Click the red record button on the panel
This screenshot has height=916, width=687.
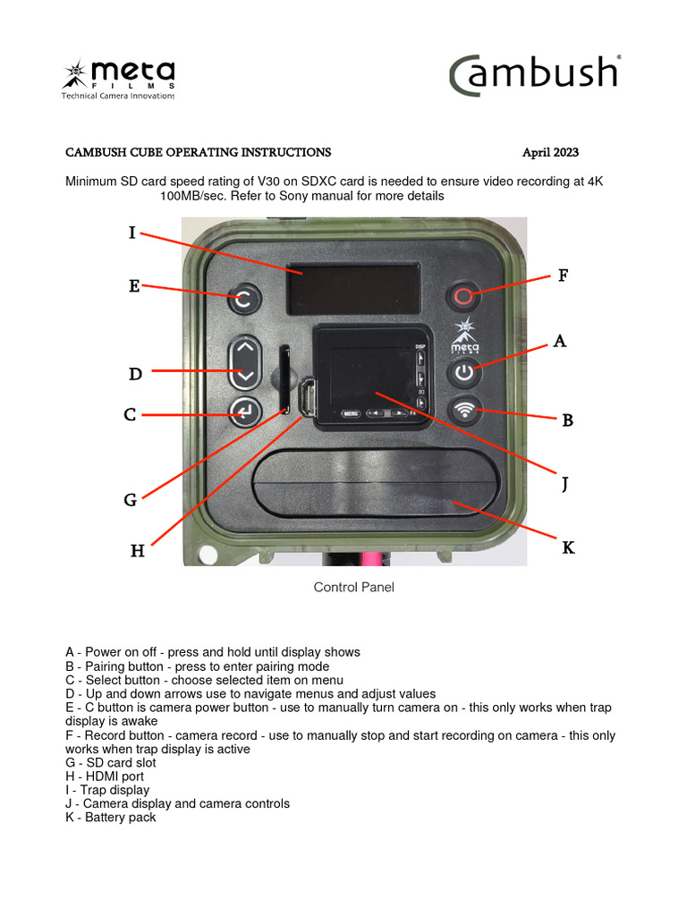click(x=462, y=296)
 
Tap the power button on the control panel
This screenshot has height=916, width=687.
click(x=462, y=372)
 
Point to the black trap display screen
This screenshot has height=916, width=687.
click(x=353, y=289)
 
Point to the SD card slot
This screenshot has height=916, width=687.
click(x=284, y=380)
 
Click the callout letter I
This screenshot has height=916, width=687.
click(x=132, y=233)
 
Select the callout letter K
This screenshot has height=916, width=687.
click(x=568, y=547)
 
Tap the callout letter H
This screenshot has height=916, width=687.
click(x=137, y=551)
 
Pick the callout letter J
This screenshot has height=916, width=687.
click(x=564, y=485)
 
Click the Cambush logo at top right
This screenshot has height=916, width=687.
click(x=535, y=74)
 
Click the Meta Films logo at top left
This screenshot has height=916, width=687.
click(x=118, y=79)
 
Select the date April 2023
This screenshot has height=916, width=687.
click(x=556, y=153)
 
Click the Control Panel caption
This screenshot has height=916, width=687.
click(x=353, y=588)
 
